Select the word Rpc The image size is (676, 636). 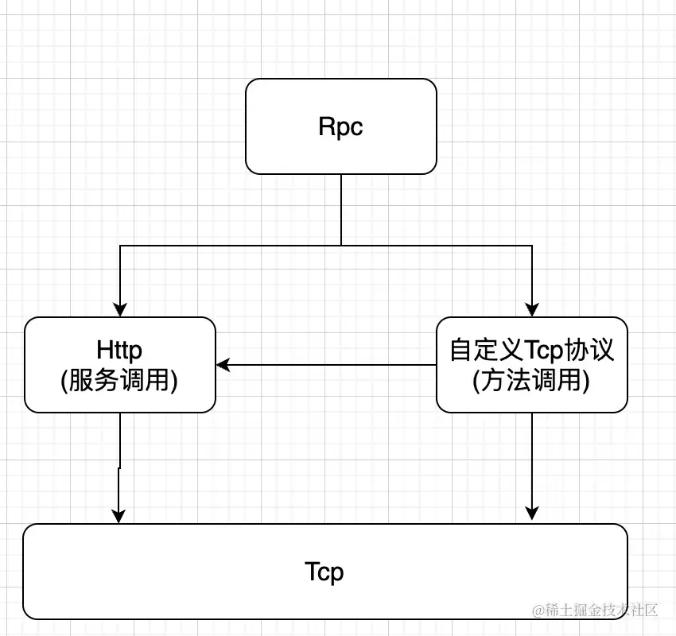(341, 127)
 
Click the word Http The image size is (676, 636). (119, 351)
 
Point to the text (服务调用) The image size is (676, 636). (119, 381)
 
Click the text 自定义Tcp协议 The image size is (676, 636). (531, 351)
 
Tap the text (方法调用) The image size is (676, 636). (531, 381)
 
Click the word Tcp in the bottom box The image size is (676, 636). (324, 571)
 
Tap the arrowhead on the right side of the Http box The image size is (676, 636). (223, 365)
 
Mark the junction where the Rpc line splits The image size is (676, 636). (341, 246)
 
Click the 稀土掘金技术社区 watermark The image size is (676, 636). (596, 611)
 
